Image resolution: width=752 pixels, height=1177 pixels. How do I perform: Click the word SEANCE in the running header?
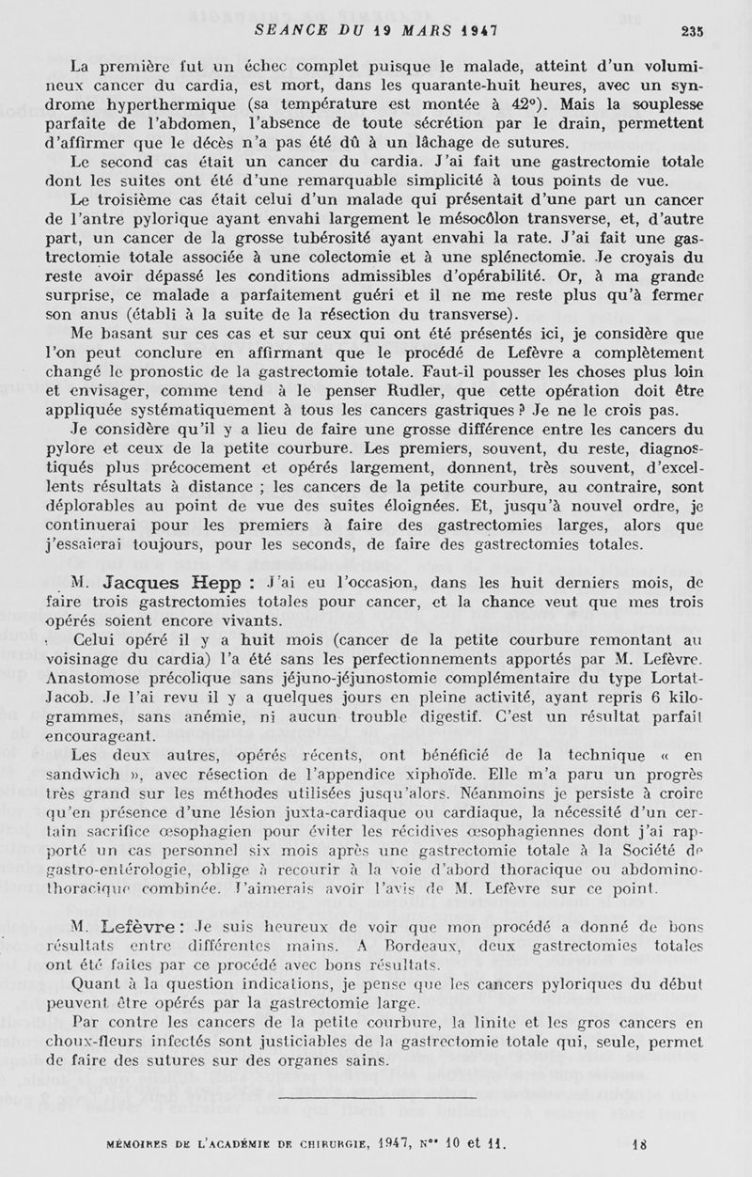point(288,29)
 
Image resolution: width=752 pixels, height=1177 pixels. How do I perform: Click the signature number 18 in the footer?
point(639,1147)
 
